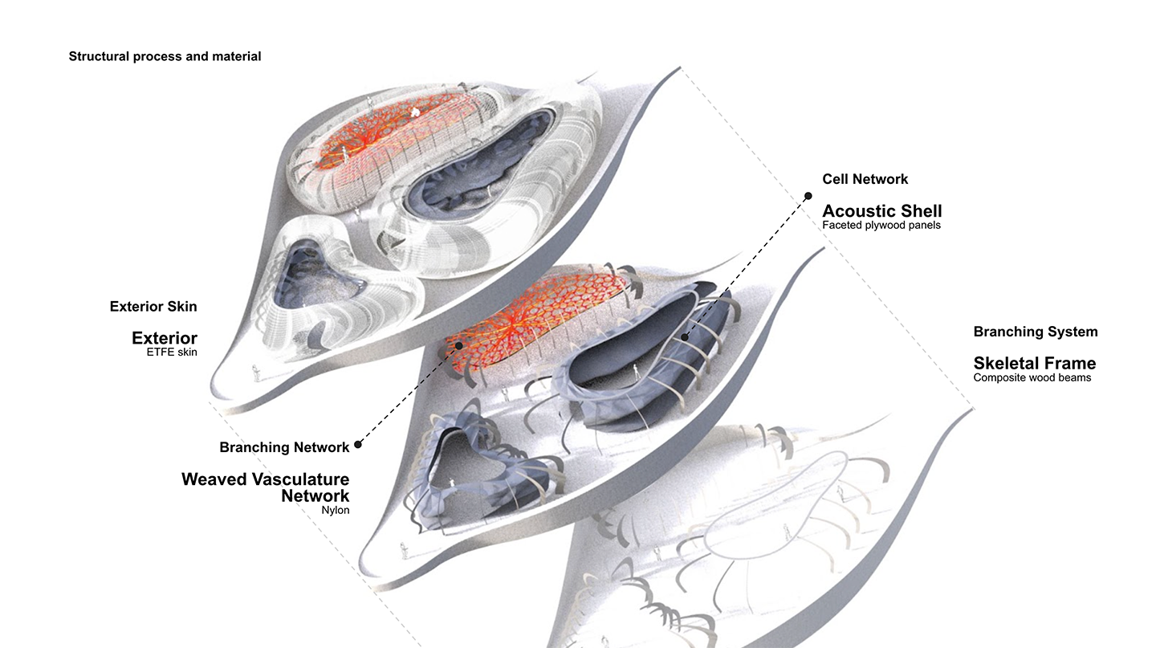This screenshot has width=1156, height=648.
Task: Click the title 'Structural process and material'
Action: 165,56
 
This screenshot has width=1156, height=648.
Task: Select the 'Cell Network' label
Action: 865,179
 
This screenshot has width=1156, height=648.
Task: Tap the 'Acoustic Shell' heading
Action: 882,211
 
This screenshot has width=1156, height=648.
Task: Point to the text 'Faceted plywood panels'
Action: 881,226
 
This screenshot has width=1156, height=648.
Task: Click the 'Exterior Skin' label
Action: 153,306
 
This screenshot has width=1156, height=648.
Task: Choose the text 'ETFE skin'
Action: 171,353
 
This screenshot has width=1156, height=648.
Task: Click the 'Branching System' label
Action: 1036,332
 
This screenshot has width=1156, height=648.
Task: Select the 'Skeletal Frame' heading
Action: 1034,363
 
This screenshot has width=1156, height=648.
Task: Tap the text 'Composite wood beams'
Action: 1032,377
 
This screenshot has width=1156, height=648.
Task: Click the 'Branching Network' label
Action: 284,447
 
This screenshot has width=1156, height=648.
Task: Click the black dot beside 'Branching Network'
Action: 358,444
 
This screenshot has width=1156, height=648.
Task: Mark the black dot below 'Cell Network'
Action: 808,195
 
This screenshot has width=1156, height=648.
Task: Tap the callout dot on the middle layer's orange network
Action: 459,346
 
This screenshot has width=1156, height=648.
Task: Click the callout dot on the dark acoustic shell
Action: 685,337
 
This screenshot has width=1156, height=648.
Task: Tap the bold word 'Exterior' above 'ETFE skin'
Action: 165,337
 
